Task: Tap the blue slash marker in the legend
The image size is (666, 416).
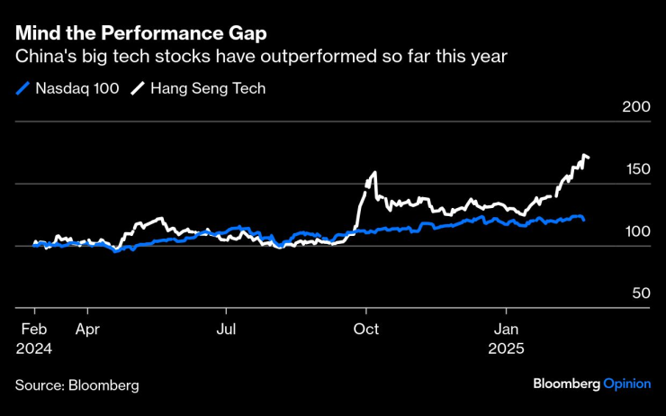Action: coord(22,88)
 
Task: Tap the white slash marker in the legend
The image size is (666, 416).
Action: coord(139,88)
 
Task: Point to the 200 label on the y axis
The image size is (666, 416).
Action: coord(636,107)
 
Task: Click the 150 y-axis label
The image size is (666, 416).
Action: coord(636,169)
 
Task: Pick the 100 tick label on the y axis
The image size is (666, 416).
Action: coord(636,231)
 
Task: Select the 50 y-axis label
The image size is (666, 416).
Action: coord(640,294)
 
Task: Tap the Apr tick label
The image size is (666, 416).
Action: coord(87,330)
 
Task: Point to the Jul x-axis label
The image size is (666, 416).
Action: coord(227,330)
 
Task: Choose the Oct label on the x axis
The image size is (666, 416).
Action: coord(366,330)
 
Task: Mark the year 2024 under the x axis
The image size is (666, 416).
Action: coord(33,348)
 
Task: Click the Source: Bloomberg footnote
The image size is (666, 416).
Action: coord(76,384)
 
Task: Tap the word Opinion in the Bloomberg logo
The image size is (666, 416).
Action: coord(627,384)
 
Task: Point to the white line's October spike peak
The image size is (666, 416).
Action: coord(373,173)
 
